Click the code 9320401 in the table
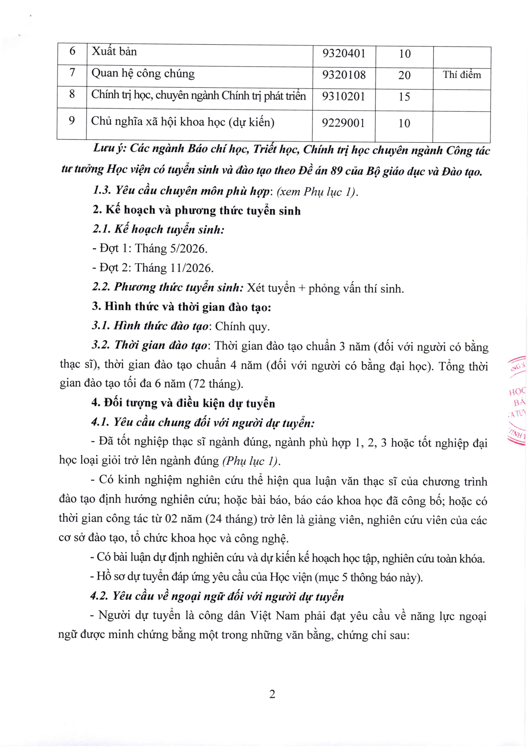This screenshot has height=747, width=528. coord(344,53)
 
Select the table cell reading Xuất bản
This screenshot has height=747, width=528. coord(114,52)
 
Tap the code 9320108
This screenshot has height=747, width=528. coord(344,75)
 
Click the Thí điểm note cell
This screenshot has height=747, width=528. coord(462,75)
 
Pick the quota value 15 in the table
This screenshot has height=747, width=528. coord(404,97)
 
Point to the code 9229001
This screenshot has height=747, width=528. coord(343,123)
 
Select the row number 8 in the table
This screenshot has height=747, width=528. coord(72,94)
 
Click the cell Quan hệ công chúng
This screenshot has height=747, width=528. coord(143,74)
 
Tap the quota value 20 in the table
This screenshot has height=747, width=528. coord(404,75)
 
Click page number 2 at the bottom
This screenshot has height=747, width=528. coord(272,694)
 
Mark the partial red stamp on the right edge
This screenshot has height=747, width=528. coord(517,400)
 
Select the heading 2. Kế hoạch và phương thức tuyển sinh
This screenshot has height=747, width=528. coord(197,210)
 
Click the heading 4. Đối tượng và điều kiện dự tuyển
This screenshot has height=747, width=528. coord(183,403)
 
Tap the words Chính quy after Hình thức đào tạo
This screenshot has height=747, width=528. coord(242,327)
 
